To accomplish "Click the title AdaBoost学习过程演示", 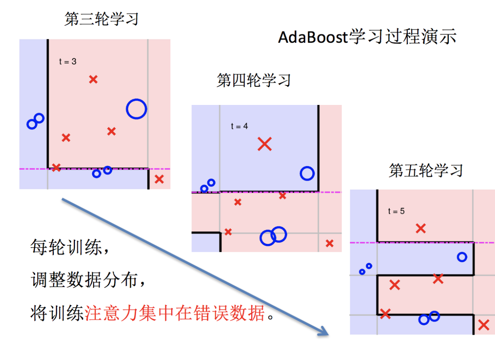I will [x=367, y=37].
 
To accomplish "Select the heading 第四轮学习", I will [x=253, y=80].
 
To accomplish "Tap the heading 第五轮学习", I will [x=425, y=170].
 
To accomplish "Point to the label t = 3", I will [x=68, y=62].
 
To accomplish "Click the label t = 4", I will [x=239, y=126].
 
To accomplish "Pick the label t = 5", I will [x=396, y=211].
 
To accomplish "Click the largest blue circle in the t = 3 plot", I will [x=136, y=109].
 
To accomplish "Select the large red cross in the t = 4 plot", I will [x=264, y=144].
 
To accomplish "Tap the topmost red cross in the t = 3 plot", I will [x=93, y=79].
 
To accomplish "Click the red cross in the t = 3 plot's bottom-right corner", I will [x=159, y=180].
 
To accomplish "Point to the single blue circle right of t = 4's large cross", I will [x=307, y=173].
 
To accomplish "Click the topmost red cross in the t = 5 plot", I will [x=421, y=228].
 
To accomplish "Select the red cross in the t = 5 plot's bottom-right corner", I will [x=483, y=325].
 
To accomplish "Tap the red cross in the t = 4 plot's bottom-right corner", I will [x=330, y=243].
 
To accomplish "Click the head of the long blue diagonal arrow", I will [x=323, y=332].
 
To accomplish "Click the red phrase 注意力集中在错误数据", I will [x=175, y=314].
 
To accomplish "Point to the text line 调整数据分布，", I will [x=88, y=281].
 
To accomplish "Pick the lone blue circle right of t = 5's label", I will [x=462, y=257].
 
